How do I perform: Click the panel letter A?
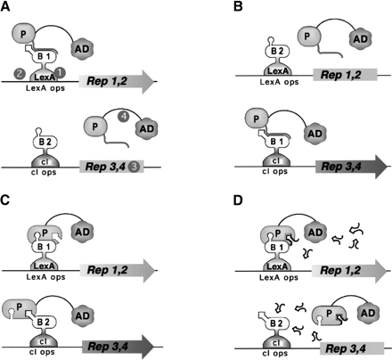[x=7, y=9]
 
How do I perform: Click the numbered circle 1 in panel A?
[x=61, y=71]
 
